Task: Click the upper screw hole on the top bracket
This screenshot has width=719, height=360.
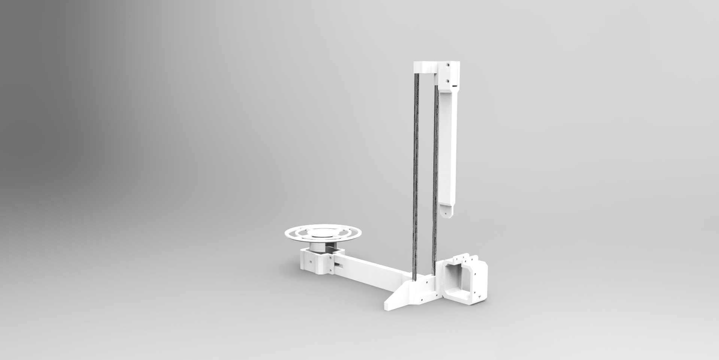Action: [x=448, y=65]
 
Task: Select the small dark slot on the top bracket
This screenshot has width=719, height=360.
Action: [x=455, y=86]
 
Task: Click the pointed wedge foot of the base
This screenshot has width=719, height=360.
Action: [x=393, y=303]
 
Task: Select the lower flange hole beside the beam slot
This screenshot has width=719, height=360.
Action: [x=330, y=270]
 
